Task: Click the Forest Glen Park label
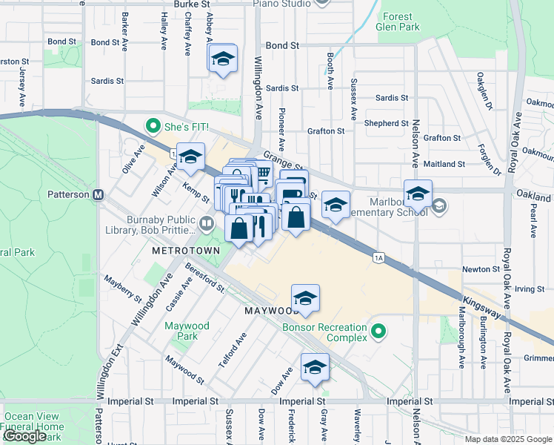(x=400, y=22)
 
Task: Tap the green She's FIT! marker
(x=153, y=126)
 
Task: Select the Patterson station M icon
(x=97, y=195)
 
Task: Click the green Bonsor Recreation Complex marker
(x=378, y=330)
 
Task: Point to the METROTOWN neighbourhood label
(x=186, y=251)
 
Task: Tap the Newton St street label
(x=481, y=269)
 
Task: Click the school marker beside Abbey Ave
(x=222, y=59)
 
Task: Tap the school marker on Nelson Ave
(x=418, y=193)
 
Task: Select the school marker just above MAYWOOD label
(x=305, y=297)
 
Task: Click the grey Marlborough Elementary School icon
(x=439, y=205)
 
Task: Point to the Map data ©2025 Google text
(x=507, y=439)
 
